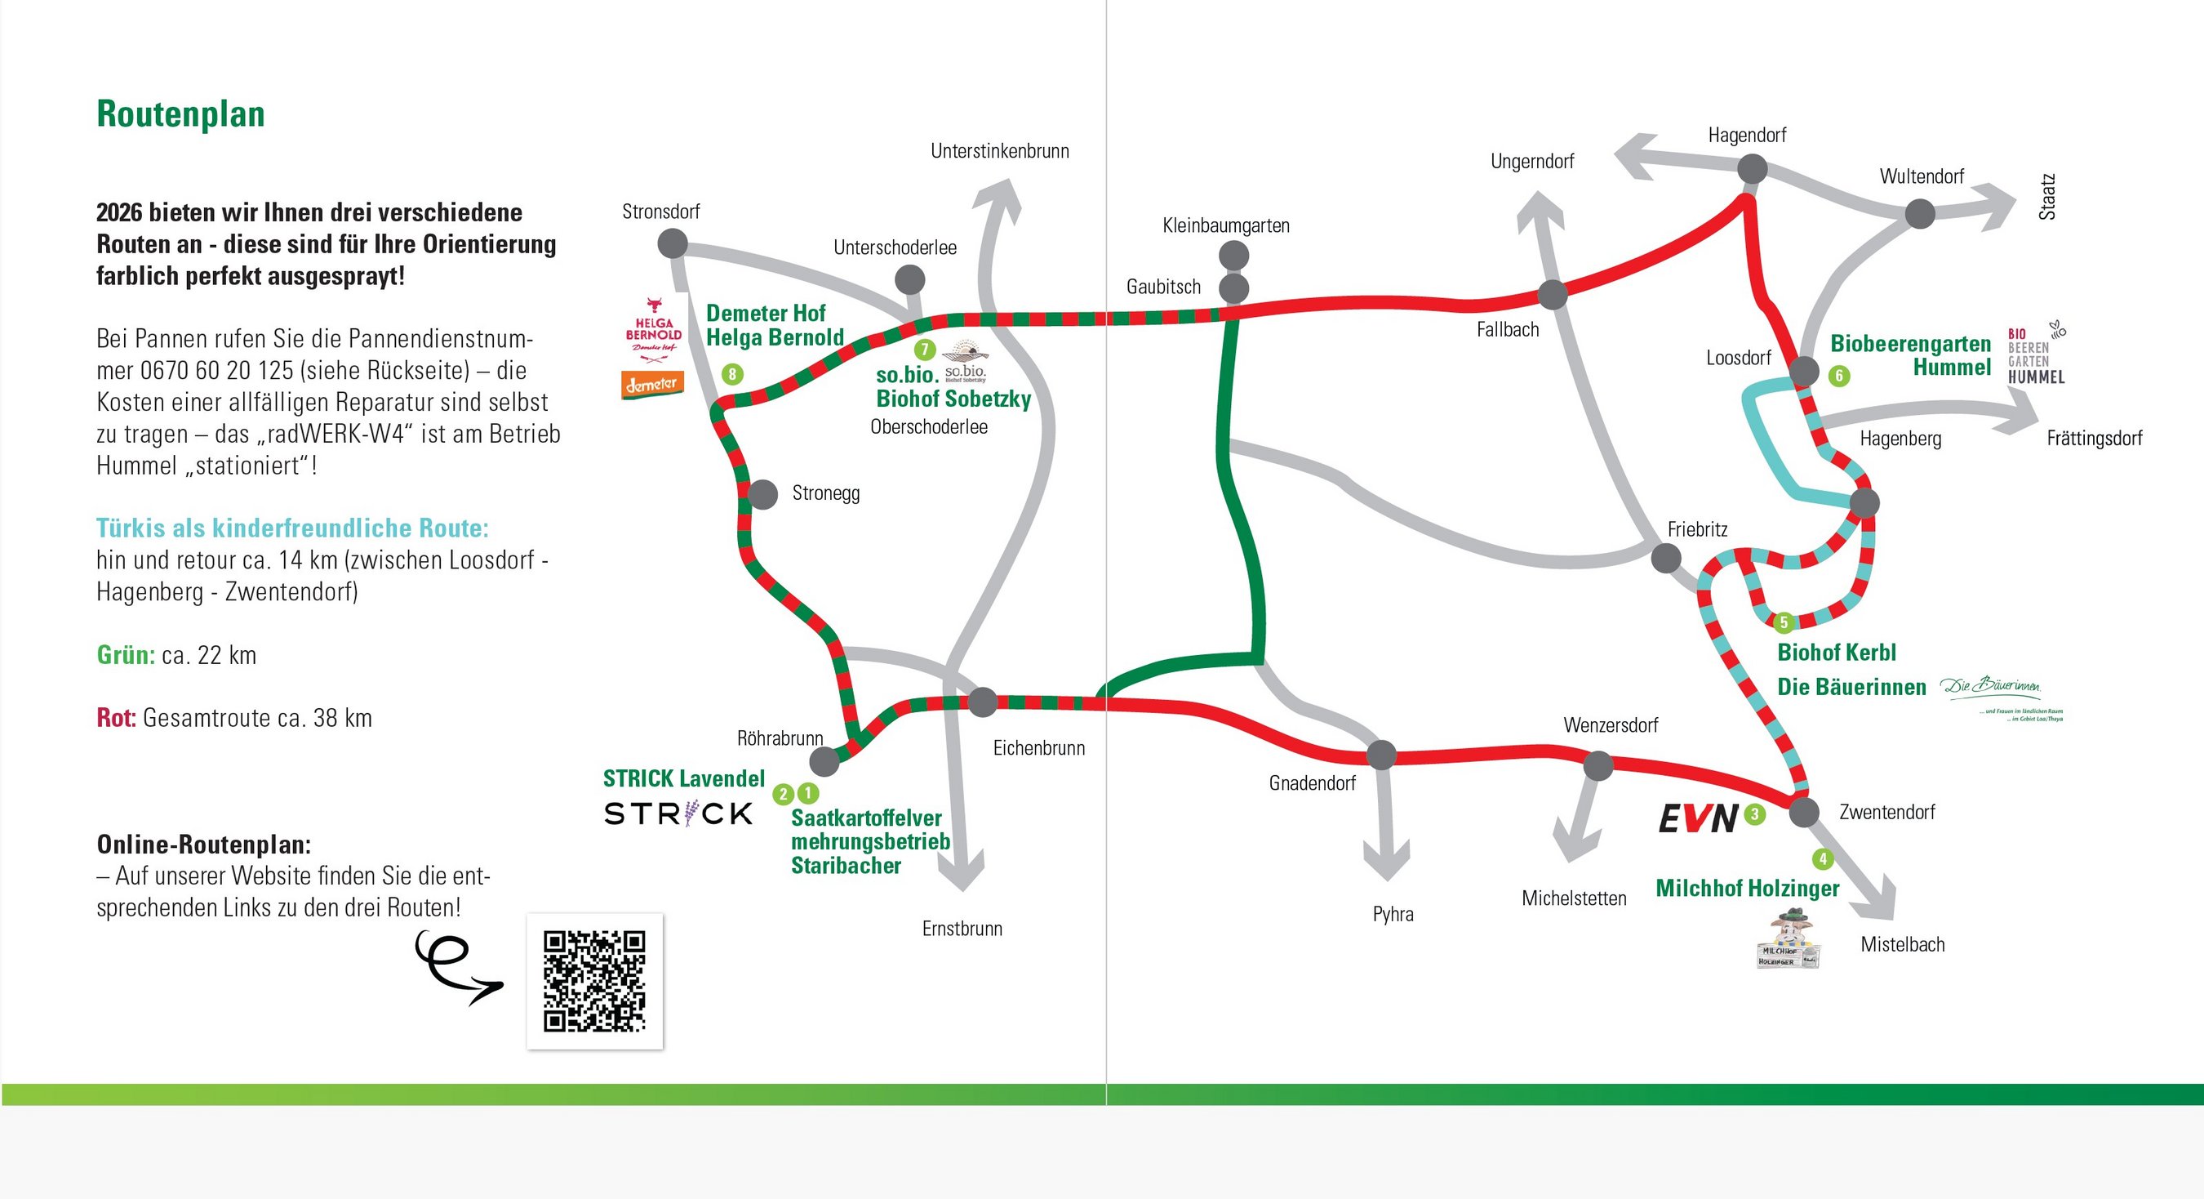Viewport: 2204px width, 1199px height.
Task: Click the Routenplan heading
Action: pyautogui.click(x=180, y=114)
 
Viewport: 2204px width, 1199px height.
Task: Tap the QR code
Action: pyautogui.click(x=594, y=981)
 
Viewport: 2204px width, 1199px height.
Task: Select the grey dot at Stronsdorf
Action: pyautogui.click(x=673, y=244)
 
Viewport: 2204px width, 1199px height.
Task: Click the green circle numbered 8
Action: pyautogui.click(x=732, y=374)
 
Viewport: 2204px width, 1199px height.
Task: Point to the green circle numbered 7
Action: pyautogui.click(x=924, y=350)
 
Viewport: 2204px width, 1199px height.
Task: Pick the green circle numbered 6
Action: pyautogui.click(x=1838, y=376)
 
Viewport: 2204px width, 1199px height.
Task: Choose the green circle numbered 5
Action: pyautogui.click(x=1784, y=622)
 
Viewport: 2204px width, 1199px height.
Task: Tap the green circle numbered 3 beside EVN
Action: pyautogui.click(x=1755, y=813)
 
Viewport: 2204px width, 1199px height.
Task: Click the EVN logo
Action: pyautogui.click(x=1698, y=818)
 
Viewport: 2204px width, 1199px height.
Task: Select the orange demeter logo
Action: pyautogui.click(x=653, y=384)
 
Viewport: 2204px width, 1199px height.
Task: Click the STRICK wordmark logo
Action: pyautogui.click(x=678, y=813)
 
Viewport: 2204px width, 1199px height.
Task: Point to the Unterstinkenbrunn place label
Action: pyautogui.click(x=999, y=151)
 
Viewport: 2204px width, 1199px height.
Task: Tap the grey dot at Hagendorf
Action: pyautogui.click(x=1753, y=168)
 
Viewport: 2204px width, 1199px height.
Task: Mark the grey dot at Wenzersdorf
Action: pyautogui.click(x=1598, y=765)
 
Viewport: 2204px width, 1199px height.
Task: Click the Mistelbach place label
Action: pyautogui.click(x=1902, y=944)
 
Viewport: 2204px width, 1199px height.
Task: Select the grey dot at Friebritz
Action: pyautogui.click(x=1666, y=559)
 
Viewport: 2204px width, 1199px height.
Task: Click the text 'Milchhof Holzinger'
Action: pyautogui.click(x=1747, y=889)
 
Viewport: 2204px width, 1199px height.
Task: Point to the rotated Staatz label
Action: pyautogui.click(x=2046, y=197)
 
